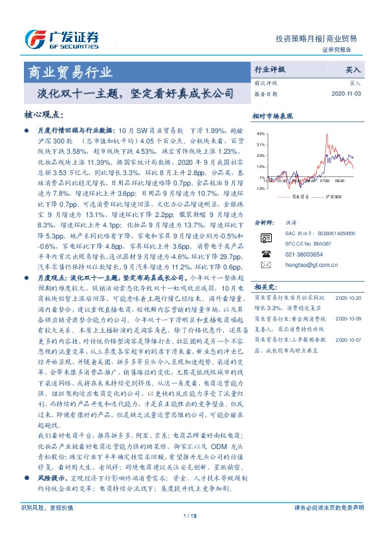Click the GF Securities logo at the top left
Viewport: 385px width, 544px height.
61,39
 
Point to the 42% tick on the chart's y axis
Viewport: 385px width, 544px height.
261,134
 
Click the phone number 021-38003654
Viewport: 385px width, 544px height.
303,255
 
